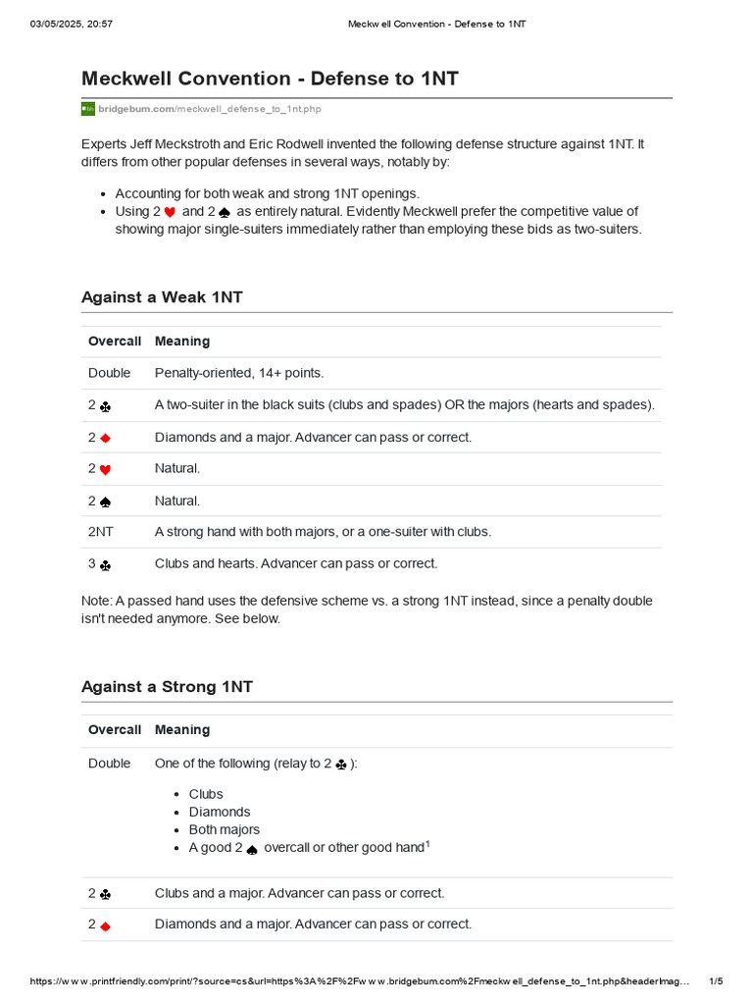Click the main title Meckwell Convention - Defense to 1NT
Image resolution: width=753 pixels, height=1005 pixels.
pos(270,79)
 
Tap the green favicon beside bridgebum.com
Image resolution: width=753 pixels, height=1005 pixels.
pos(88,108)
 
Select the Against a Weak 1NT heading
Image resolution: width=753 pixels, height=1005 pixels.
pos(162,297)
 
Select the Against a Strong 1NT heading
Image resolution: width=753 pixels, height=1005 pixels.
pos(167,687)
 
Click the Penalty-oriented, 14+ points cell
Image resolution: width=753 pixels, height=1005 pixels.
pos(239,373)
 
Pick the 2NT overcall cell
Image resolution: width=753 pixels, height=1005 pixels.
pos(101,532)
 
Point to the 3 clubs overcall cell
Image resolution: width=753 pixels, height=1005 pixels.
pos(99,564)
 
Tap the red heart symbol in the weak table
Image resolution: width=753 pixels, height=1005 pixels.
pos(106,470)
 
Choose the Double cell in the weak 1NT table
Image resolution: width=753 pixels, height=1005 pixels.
pos(109,373)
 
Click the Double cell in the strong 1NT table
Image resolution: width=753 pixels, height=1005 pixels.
pos(109,764)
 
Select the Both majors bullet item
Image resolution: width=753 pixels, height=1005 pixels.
pos(225,829)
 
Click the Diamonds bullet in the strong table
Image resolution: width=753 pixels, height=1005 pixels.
pos(220,812)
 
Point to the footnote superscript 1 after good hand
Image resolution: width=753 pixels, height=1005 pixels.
pos(427,844)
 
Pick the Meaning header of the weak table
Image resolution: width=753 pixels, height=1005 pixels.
pos(182,342)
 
